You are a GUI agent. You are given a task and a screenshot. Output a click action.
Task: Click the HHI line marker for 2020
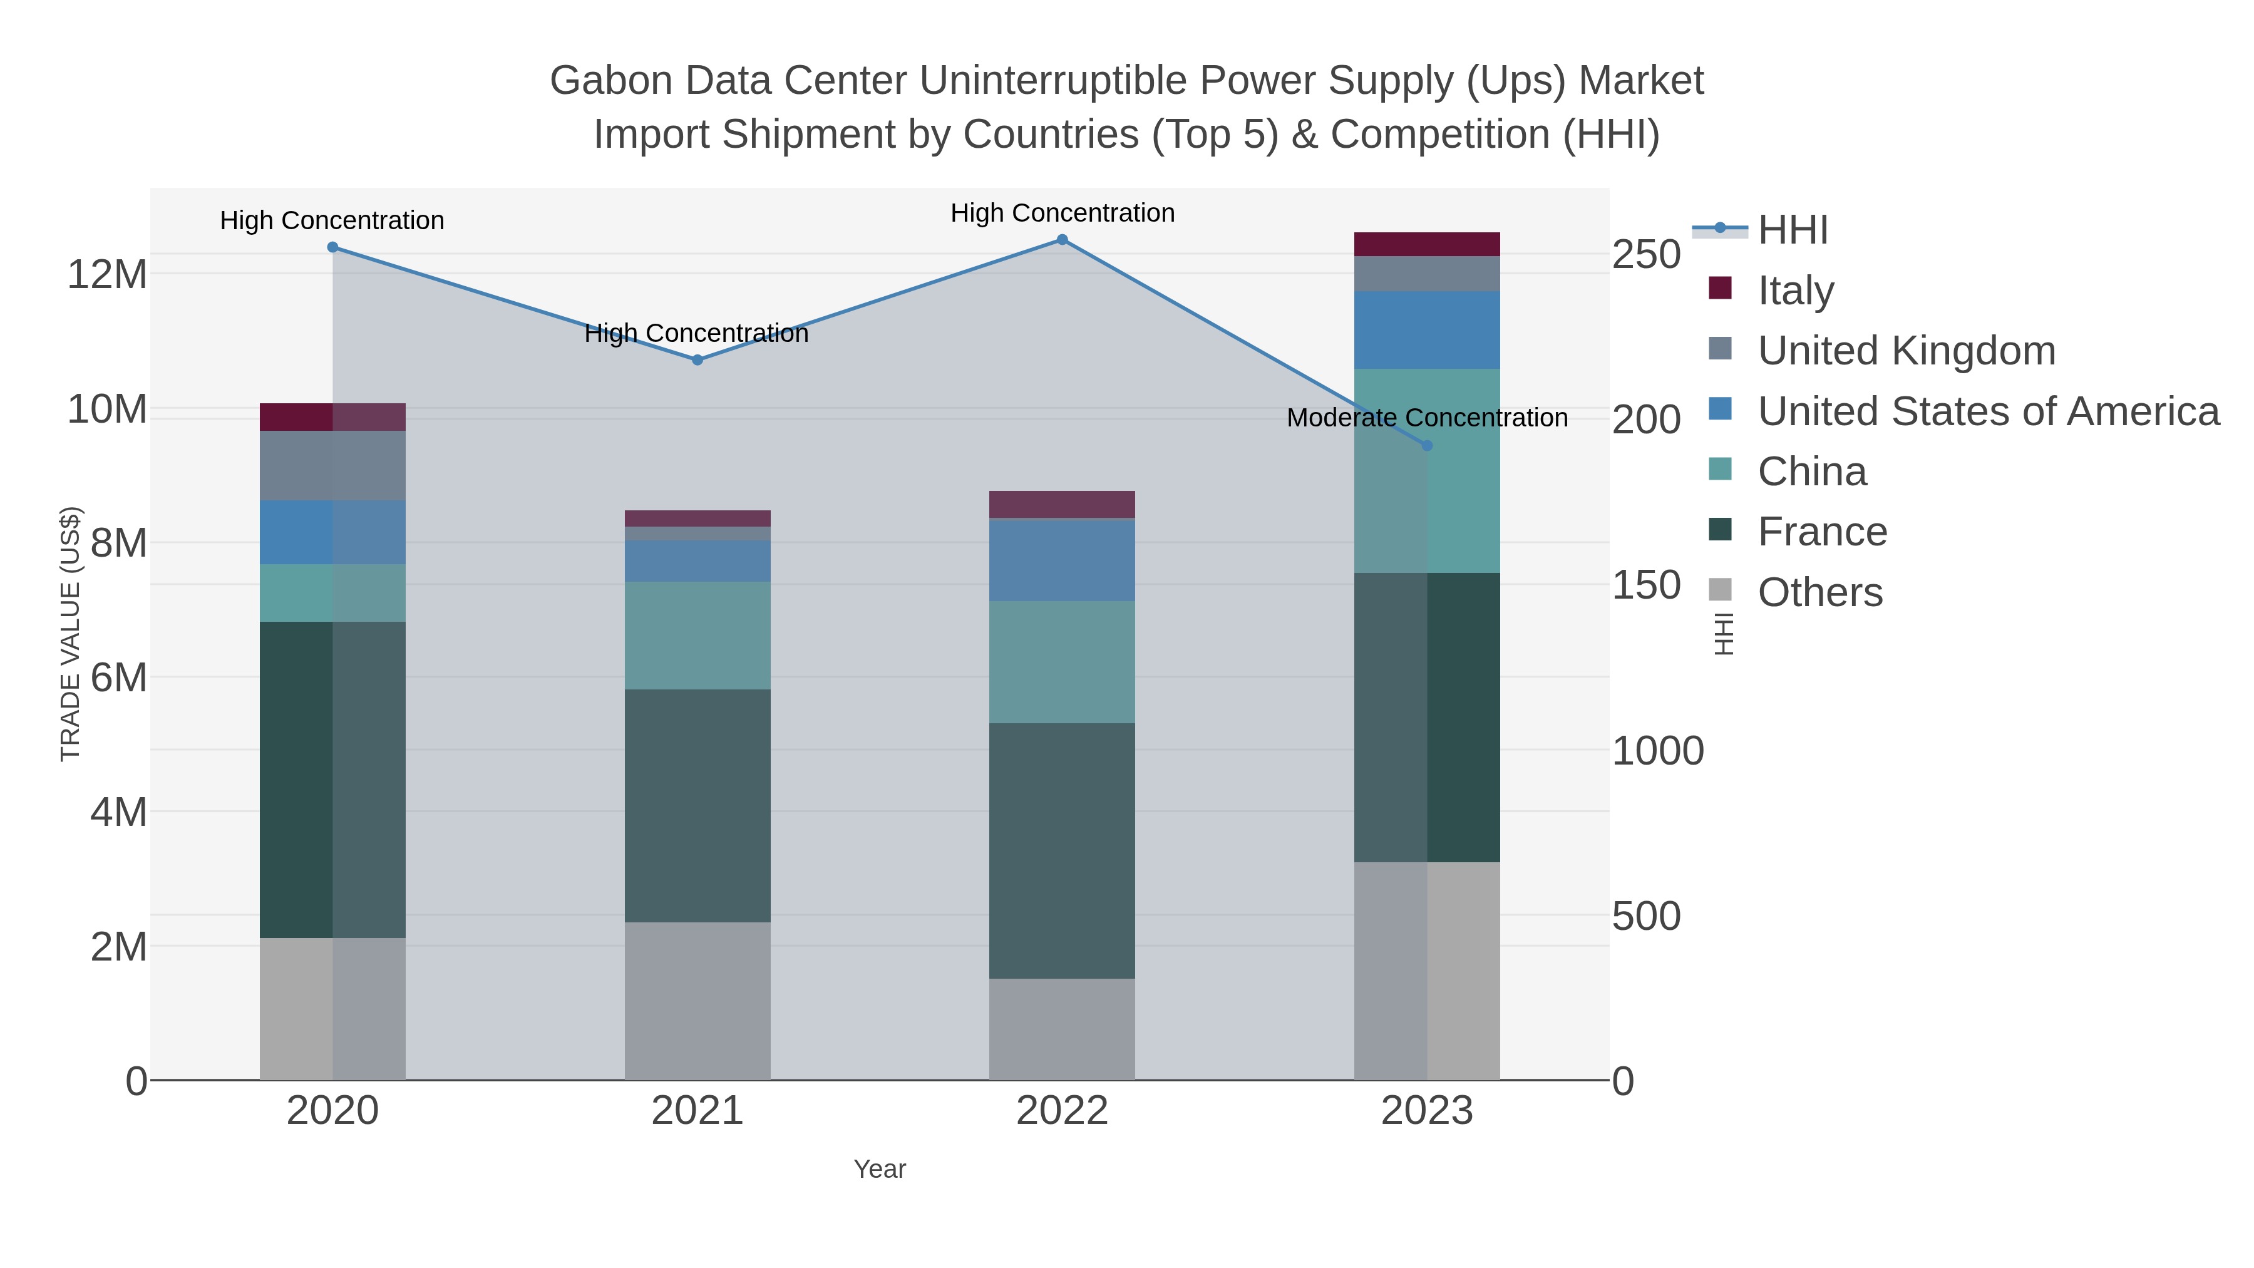(332, 247)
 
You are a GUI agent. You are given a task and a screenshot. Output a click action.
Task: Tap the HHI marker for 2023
(1427, 445)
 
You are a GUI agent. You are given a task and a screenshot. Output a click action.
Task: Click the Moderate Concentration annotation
(1426, 418)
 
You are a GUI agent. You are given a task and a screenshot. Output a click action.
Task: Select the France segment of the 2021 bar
(697, 805)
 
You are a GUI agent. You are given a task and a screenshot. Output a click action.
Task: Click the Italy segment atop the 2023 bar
(1427, 244)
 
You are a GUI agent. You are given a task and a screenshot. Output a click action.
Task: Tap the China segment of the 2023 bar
(1427, 471)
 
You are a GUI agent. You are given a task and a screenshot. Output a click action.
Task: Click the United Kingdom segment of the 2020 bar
(332, 465)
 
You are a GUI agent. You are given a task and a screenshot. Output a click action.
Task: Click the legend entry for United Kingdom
(1906, 351)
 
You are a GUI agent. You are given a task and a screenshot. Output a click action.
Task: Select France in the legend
(1822, 532)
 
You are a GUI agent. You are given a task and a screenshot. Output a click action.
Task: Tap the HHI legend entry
(1792, 230)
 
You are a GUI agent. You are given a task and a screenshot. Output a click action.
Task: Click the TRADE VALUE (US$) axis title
(70, 634)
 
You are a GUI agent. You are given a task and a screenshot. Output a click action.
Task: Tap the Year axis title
(880, 1169)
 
